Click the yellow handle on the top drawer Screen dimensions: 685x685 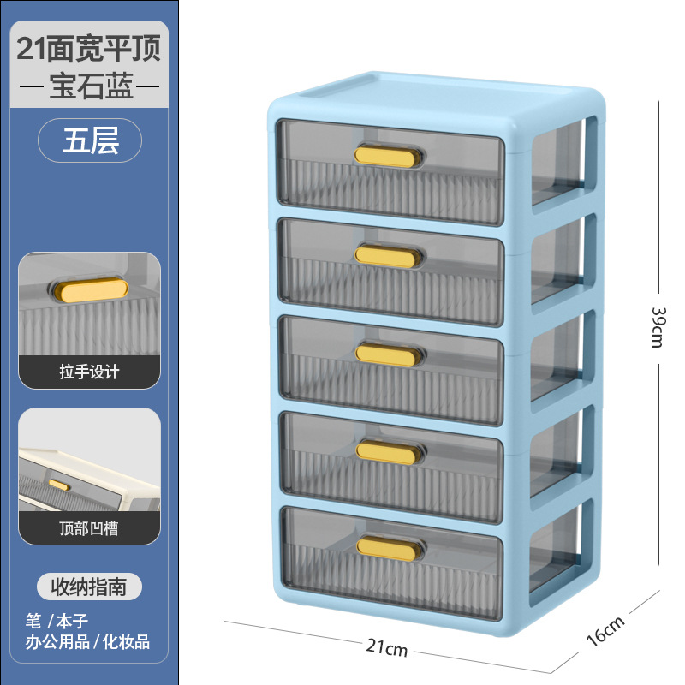coord(390,156)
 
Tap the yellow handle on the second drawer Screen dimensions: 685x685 coord(390,255)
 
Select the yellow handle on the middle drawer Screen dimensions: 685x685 coord(390,354)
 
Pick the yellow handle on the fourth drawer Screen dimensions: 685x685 coord(390,452)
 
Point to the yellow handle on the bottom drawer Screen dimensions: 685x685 coord(390,548)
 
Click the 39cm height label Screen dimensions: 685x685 coord(658,327)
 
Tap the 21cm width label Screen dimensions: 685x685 coord(389,649)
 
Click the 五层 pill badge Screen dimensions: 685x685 coord(90,140)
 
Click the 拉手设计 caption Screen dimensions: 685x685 coord(90,372)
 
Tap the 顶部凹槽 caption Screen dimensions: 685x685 coord(90,528)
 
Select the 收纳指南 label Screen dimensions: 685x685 coord(89,587)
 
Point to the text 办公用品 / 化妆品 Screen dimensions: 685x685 coord(89,640)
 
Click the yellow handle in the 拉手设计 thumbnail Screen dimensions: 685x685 coord(89,290)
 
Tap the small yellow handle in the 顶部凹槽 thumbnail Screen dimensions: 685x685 coord(59,485)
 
